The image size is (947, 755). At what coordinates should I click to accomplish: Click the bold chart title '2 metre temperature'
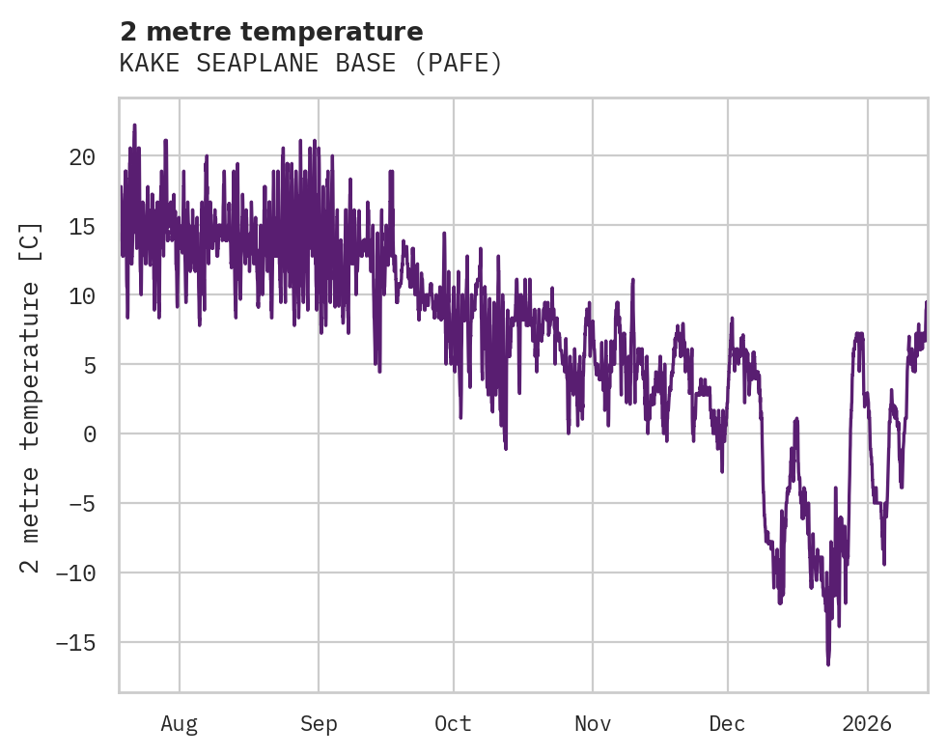[x=271, y=33]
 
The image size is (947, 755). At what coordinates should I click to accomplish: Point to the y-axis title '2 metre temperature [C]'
[x=32, y=398]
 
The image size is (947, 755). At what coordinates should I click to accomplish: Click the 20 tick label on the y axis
[x=82, y=156]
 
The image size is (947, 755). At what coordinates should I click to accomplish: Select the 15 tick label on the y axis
[x=82, y=226]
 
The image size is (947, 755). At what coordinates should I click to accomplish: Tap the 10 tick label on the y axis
[x=82, y=295]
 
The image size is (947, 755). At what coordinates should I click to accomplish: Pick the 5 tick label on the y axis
[x=89, y=365]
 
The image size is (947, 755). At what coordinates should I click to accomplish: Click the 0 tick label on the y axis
[x=89, y=434]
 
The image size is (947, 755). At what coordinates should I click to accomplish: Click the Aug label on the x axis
[x=180, y=724]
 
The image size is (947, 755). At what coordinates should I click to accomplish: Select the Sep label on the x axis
[x=318, y=724]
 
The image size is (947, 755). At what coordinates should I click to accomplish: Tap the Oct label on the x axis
[x=453, y=724]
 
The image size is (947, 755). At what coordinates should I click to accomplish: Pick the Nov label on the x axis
[x=592, y=724]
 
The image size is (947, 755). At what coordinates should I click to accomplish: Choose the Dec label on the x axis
[x=727, y=724]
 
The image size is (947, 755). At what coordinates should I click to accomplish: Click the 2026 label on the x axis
[x=867, y=724]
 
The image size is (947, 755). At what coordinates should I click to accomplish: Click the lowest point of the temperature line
[x=828, y=664]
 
